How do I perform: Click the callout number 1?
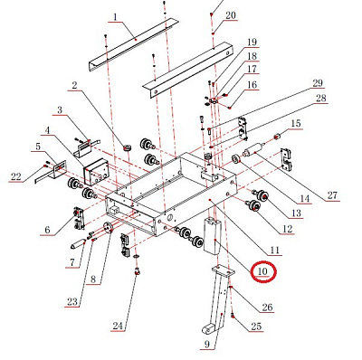[115, 17]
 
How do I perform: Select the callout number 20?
[230, 15]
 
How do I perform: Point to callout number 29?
[318, 84]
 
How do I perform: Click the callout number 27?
[306, 195]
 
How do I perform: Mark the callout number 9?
[206, 344]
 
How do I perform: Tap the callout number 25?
[256, 327]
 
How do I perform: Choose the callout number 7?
[70, 262]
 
